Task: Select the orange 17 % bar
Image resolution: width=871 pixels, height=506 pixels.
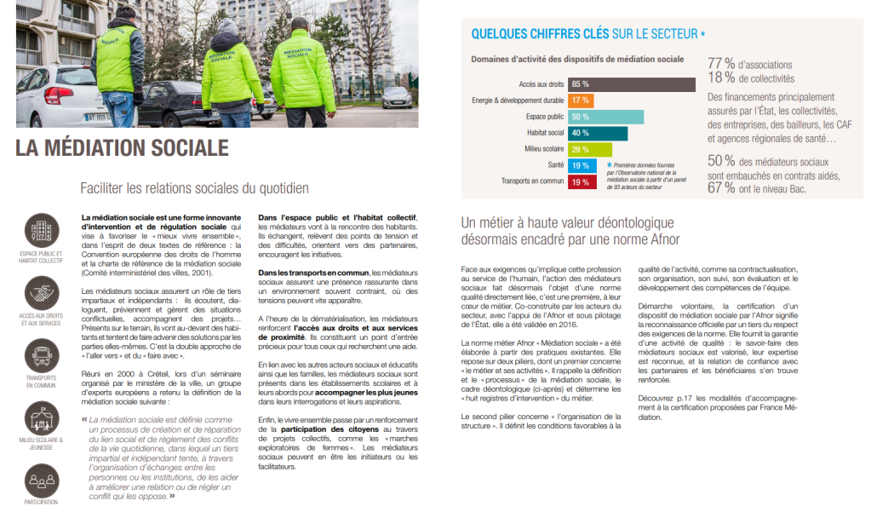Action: pyautogui.click(x=582, y=101)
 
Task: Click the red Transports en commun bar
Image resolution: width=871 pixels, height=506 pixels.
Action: pyautogui.click(x=582, y=181)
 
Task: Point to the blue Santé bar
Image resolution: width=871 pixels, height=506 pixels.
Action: pyautogui.click(x=582, y=165)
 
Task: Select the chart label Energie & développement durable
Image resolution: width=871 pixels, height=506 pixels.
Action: pyautogui.click(x=518, y=101)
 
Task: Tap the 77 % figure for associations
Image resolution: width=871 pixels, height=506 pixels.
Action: pyautogui.click(x=721, y=63)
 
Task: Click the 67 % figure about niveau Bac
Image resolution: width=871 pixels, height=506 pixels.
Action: pyautogui.click(x=721, y=187)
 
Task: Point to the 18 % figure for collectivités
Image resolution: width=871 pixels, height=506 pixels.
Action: pyautogui.click(x=721, y=78)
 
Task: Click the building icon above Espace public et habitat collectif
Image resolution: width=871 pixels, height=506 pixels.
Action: pyautogui.click(x=41, y=229)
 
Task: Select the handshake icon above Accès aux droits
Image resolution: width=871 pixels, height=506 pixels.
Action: pyautogui.click(x=41, y=292)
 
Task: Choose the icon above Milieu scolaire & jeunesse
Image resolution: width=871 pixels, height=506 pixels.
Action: pyautogui.click(x=41, y=417)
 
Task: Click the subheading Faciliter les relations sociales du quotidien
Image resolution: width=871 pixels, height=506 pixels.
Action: pyautogui.click(x=194, y=188)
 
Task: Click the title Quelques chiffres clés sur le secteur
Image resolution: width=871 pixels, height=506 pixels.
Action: pyautogui.click(x=587, y=35)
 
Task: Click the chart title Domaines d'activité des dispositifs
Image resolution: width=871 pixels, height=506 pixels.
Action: pyautogui.click(x=577, y=60)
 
